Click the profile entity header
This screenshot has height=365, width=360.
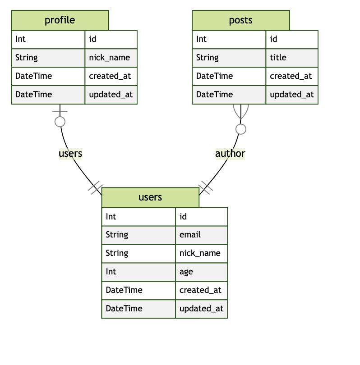[x=60, y=20]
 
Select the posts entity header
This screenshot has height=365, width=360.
[x=240, y=20]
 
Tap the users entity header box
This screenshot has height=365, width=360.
[x=150, y=197]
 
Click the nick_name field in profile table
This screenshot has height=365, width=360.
[x=110, y=58]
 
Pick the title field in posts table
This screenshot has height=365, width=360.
[x=278, y=58]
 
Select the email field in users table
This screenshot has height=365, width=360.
[x=190, y=235]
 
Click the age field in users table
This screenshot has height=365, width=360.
[x=186, y=272]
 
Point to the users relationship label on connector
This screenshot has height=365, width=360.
[x=70, y=154]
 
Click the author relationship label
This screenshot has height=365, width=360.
[x=230, y=154]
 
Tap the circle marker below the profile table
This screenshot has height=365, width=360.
[x=60, y=121]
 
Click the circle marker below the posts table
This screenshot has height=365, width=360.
[x=241, y=129]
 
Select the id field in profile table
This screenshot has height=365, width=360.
[x=92, y=39]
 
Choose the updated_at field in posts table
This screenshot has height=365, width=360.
[x=291, y=95]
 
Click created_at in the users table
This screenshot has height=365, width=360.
[x=200, y=290]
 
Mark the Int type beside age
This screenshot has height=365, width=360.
[x=111, y=272]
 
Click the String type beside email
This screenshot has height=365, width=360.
[x=117, y=235]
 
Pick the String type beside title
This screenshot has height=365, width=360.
[x=208, y=58]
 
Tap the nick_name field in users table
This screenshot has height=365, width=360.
[x=200, y=253]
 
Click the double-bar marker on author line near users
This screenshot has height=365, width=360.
[x=205, y=187]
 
